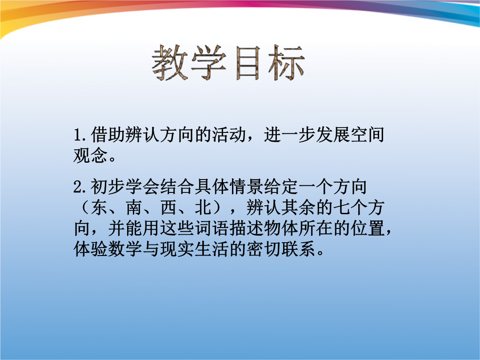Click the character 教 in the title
(170, 63)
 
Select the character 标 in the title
(287, 63)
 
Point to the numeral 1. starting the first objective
(81, 135)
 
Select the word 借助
(108, 135)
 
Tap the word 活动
(229, 135)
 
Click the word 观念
(91, 156)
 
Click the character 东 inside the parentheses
(99, 208)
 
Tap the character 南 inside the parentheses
(134, 208)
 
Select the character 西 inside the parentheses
(168, 208)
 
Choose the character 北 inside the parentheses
(203, 208)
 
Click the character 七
(342, 208)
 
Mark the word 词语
(212, 228)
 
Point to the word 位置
(368, 228)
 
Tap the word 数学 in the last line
(125, 249)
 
